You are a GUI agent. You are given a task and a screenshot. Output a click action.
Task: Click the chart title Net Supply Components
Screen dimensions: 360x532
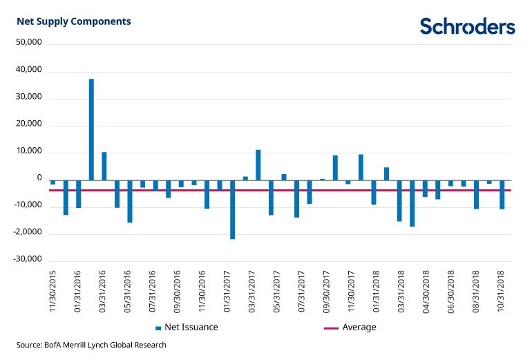pos(74,21)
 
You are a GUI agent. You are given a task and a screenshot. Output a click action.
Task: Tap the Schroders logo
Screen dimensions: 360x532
pos(467,26)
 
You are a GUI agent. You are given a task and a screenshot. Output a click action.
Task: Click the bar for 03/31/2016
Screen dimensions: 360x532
pos(104,166)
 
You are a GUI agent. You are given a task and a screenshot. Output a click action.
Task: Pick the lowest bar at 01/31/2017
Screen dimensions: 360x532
pos(233,209)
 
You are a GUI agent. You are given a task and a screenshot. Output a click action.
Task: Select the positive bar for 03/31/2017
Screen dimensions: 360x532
pos(258,164)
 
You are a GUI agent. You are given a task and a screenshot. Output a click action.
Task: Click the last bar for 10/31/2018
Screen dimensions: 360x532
pos(502,194)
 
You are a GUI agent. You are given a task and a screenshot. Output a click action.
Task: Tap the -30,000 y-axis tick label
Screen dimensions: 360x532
pos(28,260)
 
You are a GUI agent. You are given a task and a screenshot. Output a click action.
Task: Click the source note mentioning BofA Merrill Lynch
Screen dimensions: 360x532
pos(92,345)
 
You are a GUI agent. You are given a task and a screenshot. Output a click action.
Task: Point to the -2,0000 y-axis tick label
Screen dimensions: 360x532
pos(28,233)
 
